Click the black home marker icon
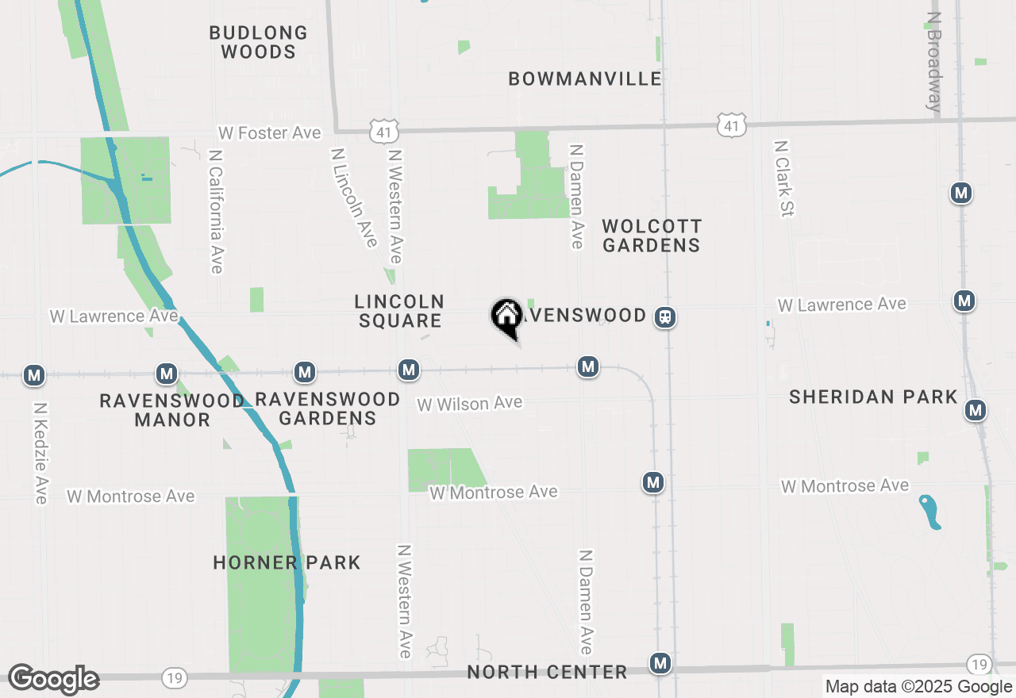click(506, 316)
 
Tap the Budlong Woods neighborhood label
click(258, 42)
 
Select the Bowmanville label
click(585, 79)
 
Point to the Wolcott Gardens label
click(651, 236)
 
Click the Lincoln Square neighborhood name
click(399, 311)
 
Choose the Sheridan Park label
click(873, 397)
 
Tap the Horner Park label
click(287, 563)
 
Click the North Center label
click(547, 673)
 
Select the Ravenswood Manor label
click(171, 410)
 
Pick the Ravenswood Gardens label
click(327, 408)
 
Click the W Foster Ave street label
click(270, 133)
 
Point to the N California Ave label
click(216, 212)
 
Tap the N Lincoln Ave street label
click(354, 196)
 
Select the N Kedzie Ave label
click(41, 453)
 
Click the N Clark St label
click(784, 178)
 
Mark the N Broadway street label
click(933, 61)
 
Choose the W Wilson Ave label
click(470, 404)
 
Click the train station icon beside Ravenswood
click(665, 317)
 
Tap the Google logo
click(53, 680)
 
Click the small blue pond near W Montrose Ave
click(929, 511)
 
